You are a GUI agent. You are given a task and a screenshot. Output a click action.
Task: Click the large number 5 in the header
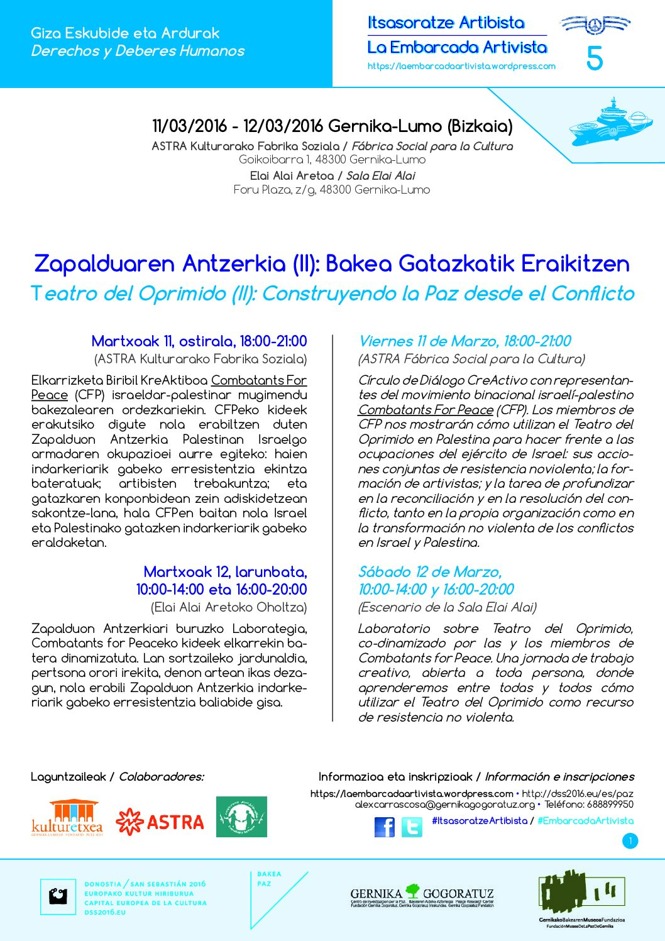coord(594,59)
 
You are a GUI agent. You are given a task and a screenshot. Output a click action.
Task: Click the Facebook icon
coord(385,827)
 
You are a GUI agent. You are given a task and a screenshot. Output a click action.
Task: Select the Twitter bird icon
coord(412,827)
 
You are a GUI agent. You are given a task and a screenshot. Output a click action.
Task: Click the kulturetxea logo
coord(67,817)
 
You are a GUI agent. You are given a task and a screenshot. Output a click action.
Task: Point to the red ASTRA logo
coord(160,822)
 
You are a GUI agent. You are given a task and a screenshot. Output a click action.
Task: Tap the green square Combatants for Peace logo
coord(241,817)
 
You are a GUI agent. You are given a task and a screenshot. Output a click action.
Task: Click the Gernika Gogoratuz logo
coord(422,896)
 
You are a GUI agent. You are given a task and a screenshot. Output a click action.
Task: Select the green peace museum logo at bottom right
coord(581,896)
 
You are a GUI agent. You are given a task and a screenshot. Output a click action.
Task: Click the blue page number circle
coord(630,841)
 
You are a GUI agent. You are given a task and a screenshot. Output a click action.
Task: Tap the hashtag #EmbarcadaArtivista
coord(586,821)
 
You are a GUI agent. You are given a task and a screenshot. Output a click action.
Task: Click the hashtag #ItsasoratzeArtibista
coord(480,821)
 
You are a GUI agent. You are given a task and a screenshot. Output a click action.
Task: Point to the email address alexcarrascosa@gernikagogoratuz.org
coord(444,805)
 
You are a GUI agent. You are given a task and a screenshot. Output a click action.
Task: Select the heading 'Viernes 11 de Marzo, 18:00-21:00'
coord(464,341)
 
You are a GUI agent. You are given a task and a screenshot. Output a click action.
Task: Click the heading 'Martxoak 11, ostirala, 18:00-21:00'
coord(199,341)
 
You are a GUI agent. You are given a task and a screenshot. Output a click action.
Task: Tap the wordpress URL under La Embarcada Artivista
coord(461,66)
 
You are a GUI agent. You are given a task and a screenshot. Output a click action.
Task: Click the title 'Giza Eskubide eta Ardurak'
coord(125,33)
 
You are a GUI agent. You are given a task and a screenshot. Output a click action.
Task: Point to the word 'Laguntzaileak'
coord(68,777)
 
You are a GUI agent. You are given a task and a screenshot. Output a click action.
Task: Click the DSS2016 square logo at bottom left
coord(58,896)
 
